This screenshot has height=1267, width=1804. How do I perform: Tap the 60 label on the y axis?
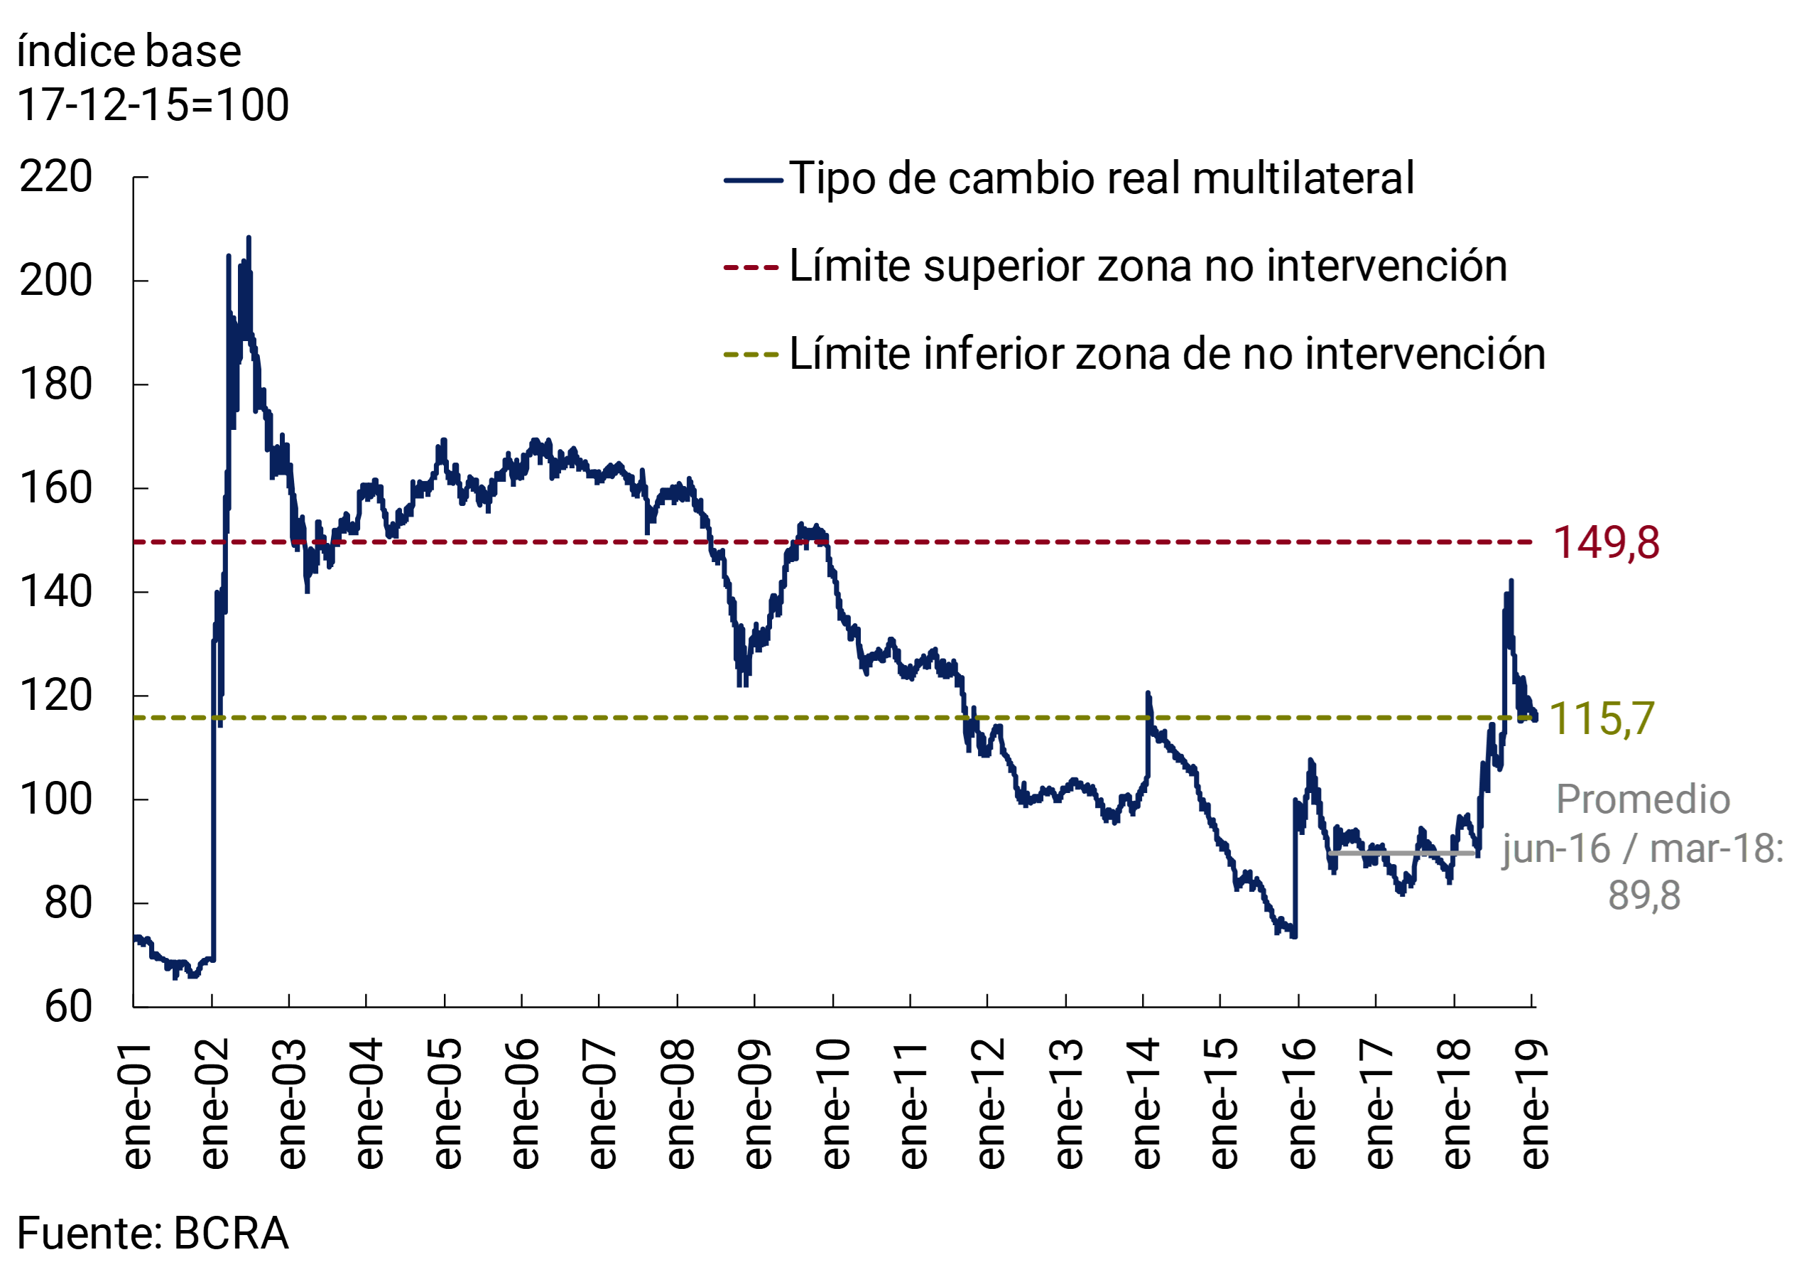(68, 1007)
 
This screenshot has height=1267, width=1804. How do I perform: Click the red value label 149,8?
(1606, 543)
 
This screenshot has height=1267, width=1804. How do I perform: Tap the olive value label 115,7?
(1602, 719)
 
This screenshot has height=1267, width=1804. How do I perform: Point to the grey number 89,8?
(1643, 895)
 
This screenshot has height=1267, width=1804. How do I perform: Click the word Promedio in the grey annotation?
(1643, 800)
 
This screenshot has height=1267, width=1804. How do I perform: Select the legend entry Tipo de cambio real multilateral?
(1101, 178)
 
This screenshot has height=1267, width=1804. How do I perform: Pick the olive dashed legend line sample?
(750, 355)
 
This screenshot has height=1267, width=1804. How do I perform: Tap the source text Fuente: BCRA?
(153, 1232)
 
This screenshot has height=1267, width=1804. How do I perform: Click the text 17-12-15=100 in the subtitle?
(153, 104)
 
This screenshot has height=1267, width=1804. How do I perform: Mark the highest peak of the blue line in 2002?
(249, 238)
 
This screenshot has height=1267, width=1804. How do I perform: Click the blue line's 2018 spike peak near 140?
(1511, 581)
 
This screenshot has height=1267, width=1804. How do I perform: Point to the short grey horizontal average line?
(1403, 853)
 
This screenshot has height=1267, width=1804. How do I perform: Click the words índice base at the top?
(129, 52)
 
